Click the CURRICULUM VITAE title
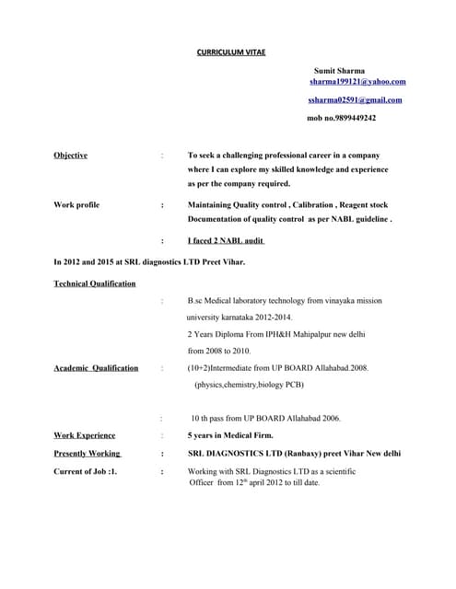[231, 52]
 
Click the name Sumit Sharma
[338, 71]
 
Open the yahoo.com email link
[357, 82]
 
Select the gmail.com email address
[355, 99]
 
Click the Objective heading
[71, 155]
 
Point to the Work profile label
[76, 204]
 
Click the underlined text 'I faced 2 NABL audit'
[226, 240]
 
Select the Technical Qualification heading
[95, 283]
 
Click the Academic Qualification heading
[96, 368]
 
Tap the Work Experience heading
[85, 434]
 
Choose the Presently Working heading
[88, 453]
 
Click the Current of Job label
[86, 471]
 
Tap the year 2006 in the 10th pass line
[331, 418]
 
